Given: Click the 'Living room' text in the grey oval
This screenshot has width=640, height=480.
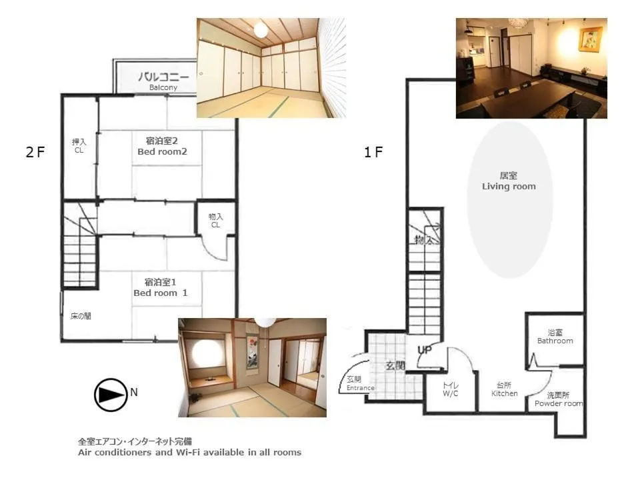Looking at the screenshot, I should pyautogui.click(x=509, y=187).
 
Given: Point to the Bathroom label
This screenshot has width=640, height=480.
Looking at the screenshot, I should pyautogui.click(x=555, y=341).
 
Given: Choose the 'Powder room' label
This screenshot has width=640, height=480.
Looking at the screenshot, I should pyautogui.click(x=558, y=403).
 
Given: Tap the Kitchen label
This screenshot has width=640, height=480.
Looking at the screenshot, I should pyautogui.click(x=505, y=393).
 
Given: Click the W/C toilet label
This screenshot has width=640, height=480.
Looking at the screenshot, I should pyautogui.click(x=451, y=393).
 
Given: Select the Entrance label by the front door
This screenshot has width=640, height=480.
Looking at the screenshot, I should pyautogui.click(x=360, y=388).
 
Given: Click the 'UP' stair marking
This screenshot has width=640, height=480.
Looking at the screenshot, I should pyautogui.click(x=424, y=351).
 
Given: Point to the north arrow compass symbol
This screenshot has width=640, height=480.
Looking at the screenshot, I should pyautogui.click(x=110, y=395).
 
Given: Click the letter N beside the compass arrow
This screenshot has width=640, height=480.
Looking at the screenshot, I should pyautogui.click(x=134, y=393).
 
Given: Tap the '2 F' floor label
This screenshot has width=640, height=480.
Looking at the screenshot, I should pyautogui.click(x=35, y=152).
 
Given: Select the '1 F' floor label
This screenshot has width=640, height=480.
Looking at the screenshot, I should pyautogui.click(x=373, y=152).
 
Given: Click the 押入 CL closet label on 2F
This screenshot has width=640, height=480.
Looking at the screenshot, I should pyautogui.click(x=79, y=146).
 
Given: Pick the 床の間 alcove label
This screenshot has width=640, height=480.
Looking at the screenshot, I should pyautogui.click(x=81, y=316).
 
